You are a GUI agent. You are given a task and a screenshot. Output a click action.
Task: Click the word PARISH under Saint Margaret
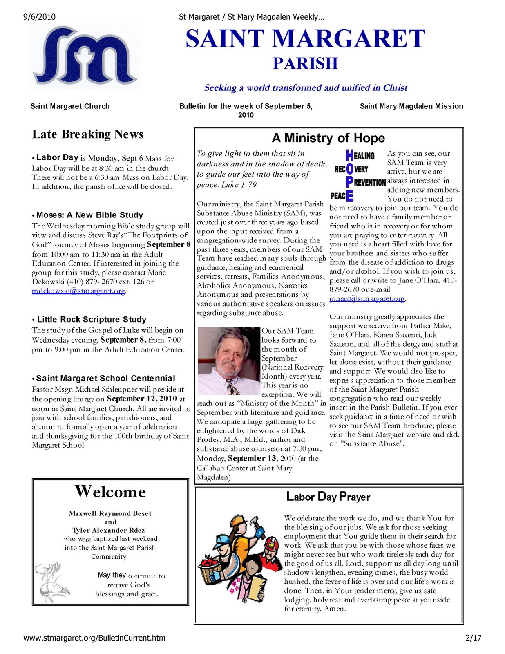pyautogui.click(x=305, y=64)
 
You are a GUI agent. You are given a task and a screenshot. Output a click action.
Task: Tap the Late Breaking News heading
pyautogui.click(x=88, y=134)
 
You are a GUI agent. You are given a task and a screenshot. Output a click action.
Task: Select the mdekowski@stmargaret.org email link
pyautogui.click(x=78, y=291)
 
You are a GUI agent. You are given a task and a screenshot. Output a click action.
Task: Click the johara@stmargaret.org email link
pyautogui.click(x=367, y=299)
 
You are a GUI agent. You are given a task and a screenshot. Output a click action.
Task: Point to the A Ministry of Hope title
pyautogui.click(x=328, y=138)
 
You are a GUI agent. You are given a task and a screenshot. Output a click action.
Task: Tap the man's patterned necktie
pyautogui.click(x=232, y=386)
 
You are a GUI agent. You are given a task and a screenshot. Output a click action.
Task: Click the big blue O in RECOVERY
pyautogui.click(x=350, y=169)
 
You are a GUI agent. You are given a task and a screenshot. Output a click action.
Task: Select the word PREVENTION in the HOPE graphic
pyautogui.click(x=369, y=182)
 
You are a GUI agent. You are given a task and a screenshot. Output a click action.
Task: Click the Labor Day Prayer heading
pyautogui.click(x=328, y=497)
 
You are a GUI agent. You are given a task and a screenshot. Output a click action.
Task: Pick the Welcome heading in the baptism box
pyautogui.click(x=110, y=491)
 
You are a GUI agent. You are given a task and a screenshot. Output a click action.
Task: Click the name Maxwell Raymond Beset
pyautogui.click(x=110, y=513)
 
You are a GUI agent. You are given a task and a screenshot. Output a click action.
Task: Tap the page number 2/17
pyautogui.click(x=473, y=638)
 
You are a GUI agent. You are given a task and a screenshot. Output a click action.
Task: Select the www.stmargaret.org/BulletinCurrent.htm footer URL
pyautogui.click(x=94, y=638)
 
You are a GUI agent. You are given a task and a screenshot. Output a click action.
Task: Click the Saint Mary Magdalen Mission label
pyautogui.click(x=411, y=106)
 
